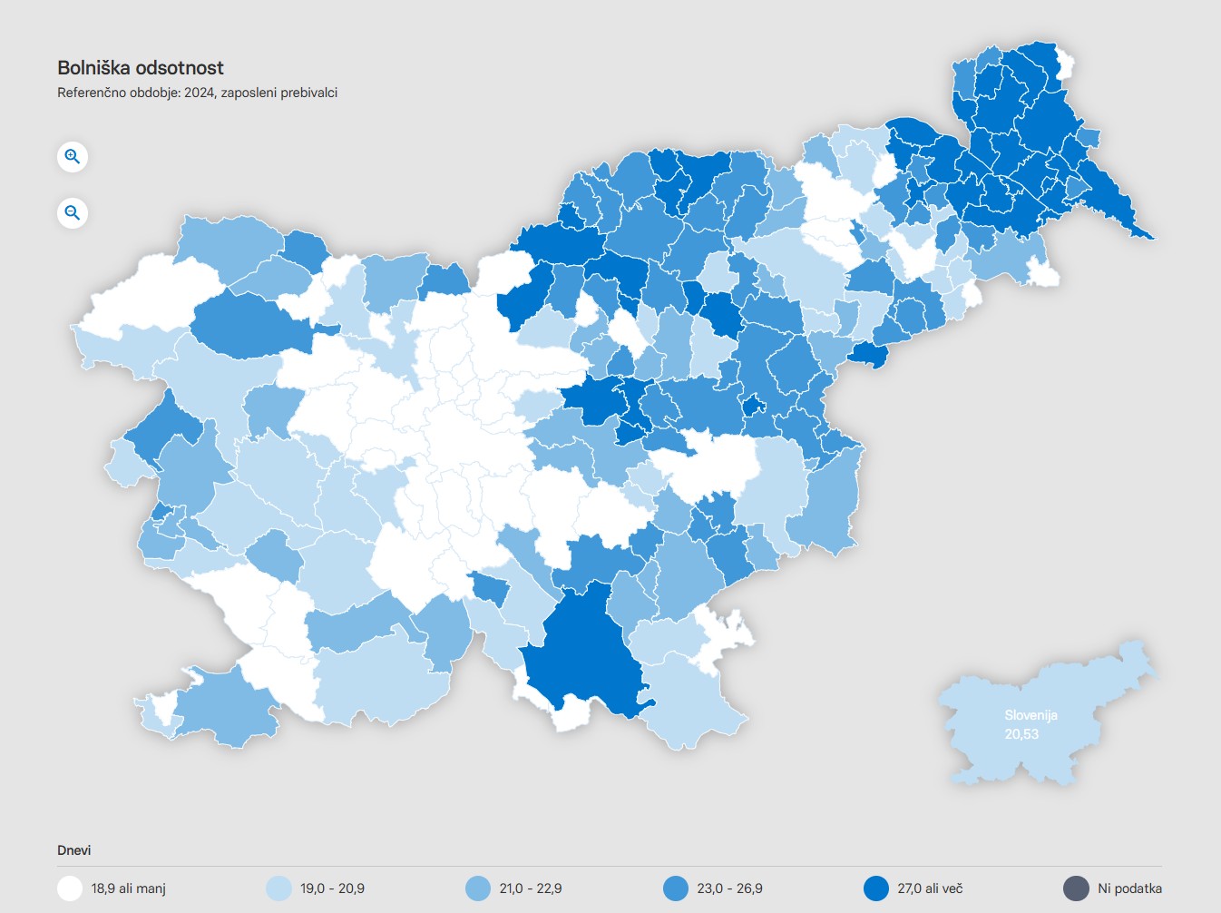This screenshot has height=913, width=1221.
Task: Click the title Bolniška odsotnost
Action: (141, 68)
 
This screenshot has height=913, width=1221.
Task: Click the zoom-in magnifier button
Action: (73, 157)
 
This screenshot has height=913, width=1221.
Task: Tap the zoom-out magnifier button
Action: (73, 213)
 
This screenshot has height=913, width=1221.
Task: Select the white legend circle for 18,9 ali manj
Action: (70, 888)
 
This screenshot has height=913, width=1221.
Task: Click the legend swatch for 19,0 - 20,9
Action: (278, 888)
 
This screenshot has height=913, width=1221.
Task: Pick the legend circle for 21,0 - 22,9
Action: (477, 888)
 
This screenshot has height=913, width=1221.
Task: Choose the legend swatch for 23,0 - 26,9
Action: (676, 888)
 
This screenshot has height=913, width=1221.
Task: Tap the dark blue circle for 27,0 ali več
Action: (875, 888)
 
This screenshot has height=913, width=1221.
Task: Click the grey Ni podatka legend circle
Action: (1076, 888)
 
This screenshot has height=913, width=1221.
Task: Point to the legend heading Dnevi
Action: (74, 850)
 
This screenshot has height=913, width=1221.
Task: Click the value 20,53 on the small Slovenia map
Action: (1021, 734)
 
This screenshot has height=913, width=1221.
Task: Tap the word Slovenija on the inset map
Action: (1031, 715)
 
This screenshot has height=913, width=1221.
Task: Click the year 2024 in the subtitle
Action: (199, 93)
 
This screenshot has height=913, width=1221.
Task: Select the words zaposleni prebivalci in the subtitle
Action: (279, 93)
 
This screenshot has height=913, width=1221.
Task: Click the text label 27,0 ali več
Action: (930, 888)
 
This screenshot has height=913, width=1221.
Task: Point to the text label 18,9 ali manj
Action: (128, 888)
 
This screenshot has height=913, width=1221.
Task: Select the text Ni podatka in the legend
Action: (1129, 888)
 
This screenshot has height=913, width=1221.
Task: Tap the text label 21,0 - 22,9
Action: (531, 888)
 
